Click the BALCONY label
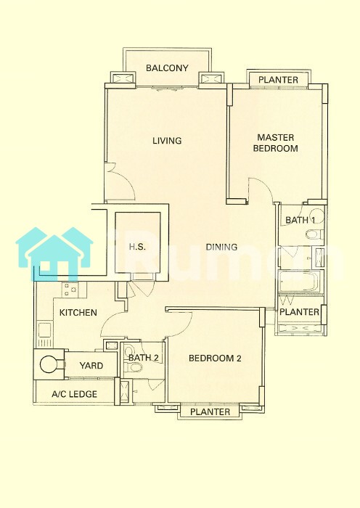coord(167,68)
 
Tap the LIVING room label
coord(167,141)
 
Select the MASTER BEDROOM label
coord(275,143)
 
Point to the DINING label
coord(221,247)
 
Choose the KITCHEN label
coord(78,313)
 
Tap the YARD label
coord(91,366)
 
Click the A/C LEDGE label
coord(74,394)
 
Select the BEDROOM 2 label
coord(215,359)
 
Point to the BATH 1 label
coord(300,220)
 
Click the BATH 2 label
coord(143,358)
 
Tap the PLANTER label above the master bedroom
coord(278,80)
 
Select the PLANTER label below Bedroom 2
coord(210,411)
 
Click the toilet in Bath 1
coord(314,234)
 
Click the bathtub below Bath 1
coord(300,282)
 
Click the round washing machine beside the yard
coord(49,365)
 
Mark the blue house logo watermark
coord(54,254)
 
